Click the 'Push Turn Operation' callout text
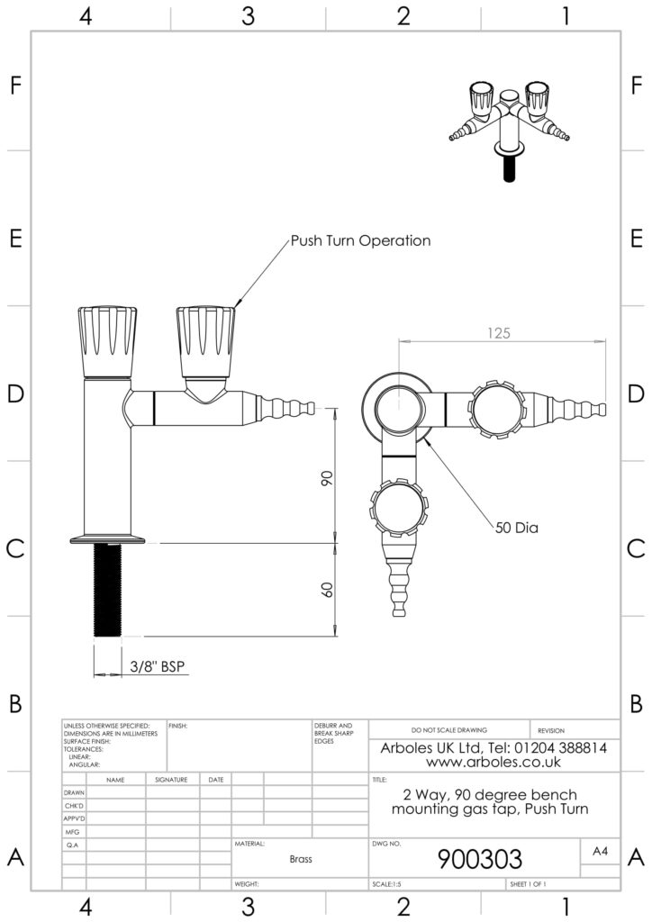tap(360, 241)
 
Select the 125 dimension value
tap(500, 332)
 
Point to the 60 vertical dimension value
tap(327, 590)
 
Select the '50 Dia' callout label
tap(516, 529)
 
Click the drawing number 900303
tap(479, 858)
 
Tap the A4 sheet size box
tap(600, 851)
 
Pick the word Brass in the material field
tap(301, 860)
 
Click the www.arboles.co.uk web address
tap(494, 762)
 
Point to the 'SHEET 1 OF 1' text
tap(529, 885)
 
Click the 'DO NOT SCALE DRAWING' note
tap(448, 730)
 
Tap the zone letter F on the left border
tap(15, 86)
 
